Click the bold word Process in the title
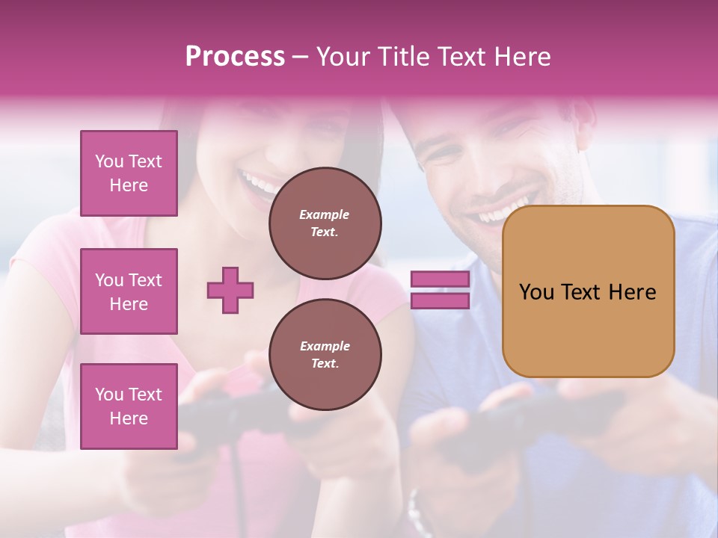tap(235, 57)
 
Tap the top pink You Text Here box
tap(129, 173)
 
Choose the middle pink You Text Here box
tap(129, 291)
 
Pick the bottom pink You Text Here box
tap(129, 406)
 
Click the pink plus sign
tap(230, 290)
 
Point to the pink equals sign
tap(440, 290)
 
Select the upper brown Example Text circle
tap(325, 223)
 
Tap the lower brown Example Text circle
tap(325, 354)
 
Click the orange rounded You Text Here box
tap(588, 291)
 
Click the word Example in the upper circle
tap(324, 214)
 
